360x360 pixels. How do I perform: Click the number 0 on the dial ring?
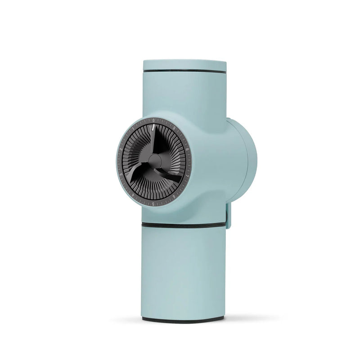(x=154, y=121)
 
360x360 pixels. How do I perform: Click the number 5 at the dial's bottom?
(x=154, y=204)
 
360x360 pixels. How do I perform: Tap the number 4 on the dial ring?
(x=133, y=194)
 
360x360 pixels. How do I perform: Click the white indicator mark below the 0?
(x=154, y=128)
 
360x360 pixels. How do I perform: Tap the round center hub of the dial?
(x=154, y=160)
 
